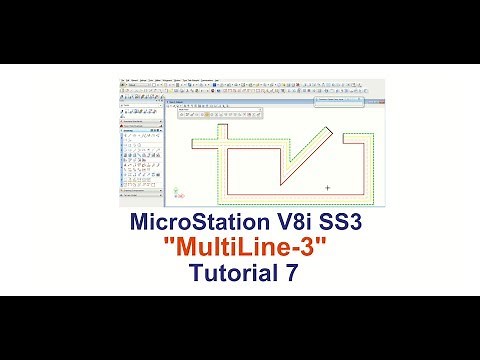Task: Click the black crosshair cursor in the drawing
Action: pos(327,187)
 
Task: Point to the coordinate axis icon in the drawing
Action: pos(178,189)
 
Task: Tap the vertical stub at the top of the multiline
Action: pos(225,139)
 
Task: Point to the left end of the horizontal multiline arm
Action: pos(197,146)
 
